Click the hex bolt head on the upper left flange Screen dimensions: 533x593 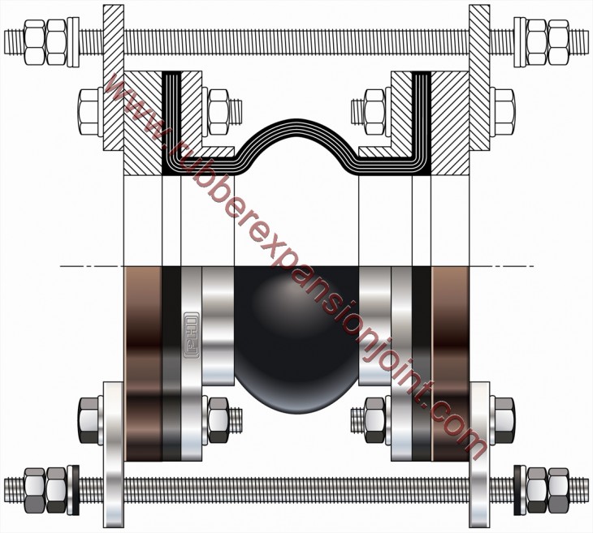[90, 105]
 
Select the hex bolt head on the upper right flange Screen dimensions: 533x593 [502, 105]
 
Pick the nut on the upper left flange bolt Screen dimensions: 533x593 [219, 105]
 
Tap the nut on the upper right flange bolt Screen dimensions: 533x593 [374, 105]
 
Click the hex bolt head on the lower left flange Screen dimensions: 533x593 [90, 419]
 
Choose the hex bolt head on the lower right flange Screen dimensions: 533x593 [503, 419]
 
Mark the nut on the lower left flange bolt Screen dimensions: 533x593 [218, 419]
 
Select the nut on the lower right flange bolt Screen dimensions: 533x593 [374, 419]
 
